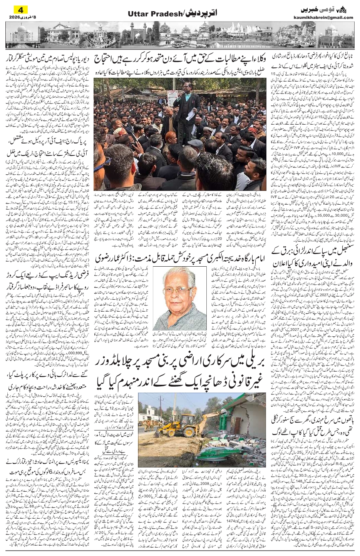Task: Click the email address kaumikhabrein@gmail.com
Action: coord(325,17)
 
